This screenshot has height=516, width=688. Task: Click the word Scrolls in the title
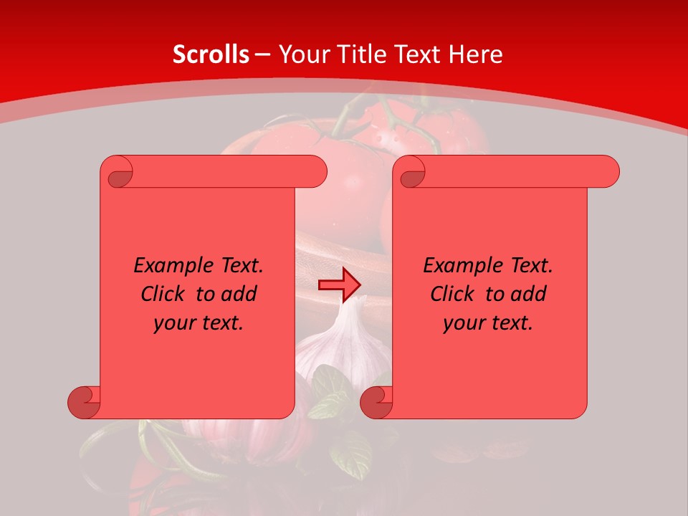tap(211, 54)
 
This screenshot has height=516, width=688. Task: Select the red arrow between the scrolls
tap(339, 285)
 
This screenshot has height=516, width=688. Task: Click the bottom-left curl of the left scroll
tap(85, 402)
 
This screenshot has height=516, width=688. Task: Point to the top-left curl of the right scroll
tap(411, 173)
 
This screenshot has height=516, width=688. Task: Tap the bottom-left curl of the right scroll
tap(376, 402)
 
